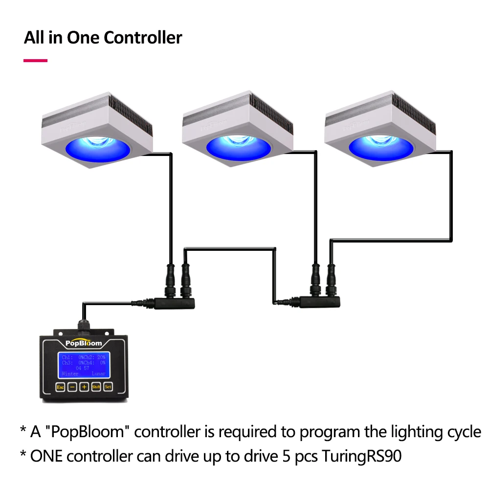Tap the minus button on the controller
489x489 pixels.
72,387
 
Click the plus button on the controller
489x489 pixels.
84,387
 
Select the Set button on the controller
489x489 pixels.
108,387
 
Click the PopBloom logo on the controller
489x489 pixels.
83,343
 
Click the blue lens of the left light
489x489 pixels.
98,146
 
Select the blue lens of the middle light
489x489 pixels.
238,146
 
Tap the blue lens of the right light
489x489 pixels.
381,146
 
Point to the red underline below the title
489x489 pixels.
36,61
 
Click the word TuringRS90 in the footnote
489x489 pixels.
361,456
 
